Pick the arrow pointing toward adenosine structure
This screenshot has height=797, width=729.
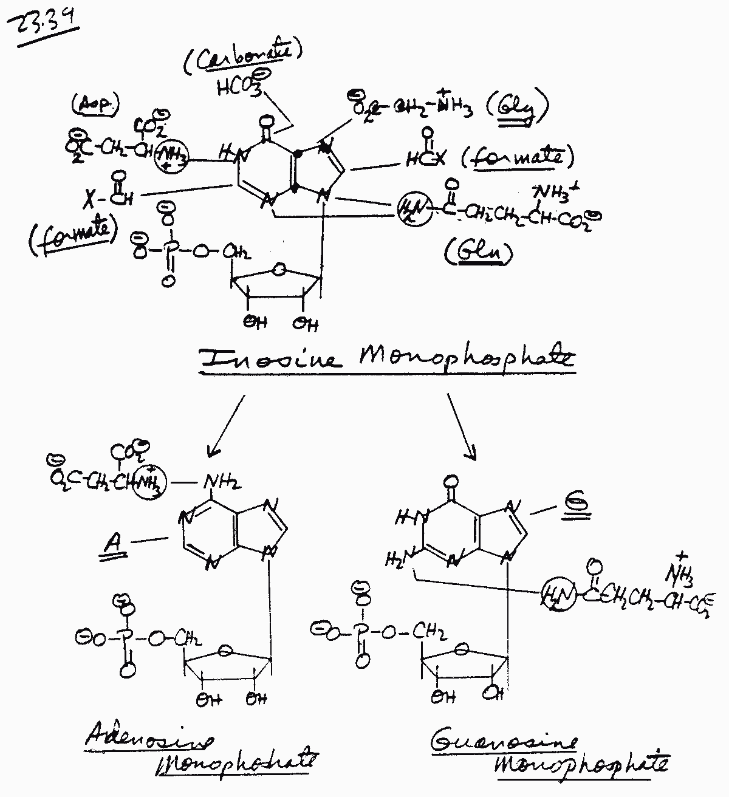226,425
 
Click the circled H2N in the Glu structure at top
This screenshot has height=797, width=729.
414,209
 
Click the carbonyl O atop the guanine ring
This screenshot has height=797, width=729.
450,482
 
